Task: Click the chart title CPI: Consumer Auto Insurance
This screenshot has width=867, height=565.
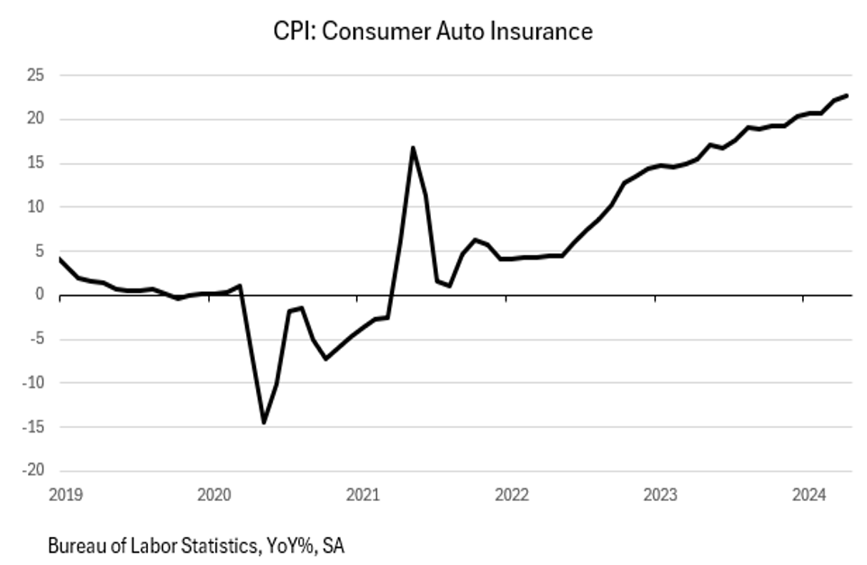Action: click(433, 32)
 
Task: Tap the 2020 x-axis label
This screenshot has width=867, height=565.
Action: click(214, 494)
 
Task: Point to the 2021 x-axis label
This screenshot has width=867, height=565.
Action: click(362, 494)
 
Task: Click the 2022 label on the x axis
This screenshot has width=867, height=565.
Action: click(511, 494)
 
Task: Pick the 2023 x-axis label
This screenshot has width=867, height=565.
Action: click(660, 494)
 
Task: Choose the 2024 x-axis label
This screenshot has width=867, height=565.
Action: click(808, 494)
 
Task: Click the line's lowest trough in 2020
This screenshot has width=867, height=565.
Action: click(264, 422)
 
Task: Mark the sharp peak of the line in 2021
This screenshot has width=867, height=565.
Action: click(413, 148)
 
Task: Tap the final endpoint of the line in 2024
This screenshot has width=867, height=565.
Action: click(846, 96)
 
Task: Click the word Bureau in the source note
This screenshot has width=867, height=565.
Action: click(75, 546)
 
